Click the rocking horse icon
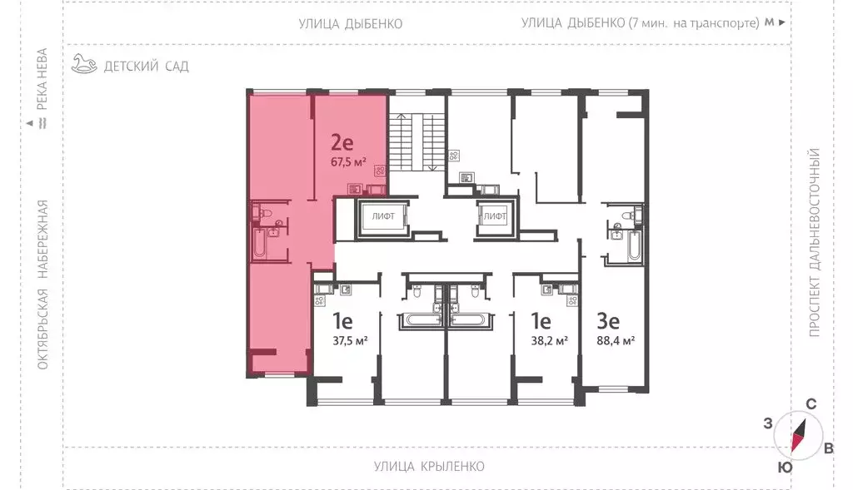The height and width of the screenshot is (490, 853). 84,63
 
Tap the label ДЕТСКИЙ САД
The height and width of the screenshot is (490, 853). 147,67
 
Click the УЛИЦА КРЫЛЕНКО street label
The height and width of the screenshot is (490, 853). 429,466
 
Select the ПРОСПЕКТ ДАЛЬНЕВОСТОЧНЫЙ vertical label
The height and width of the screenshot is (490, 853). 814,242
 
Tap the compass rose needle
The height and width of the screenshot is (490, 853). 798,435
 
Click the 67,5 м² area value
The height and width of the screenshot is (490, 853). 348,161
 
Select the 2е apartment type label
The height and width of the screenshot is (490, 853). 342,142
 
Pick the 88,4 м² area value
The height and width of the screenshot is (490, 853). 616,340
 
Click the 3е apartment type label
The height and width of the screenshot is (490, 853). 608,321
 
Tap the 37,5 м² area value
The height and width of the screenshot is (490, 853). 350,340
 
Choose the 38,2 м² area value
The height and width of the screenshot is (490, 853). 549,340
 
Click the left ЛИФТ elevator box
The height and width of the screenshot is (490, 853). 383,217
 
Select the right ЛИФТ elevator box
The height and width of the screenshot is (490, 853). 495,217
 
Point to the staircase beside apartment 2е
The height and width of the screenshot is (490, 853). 417,141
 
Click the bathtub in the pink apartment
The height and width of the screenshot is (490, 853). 260,244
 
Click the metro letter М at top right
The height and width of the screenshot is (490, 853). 769,22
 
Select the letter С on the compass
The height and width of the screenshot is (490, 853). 811,403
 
